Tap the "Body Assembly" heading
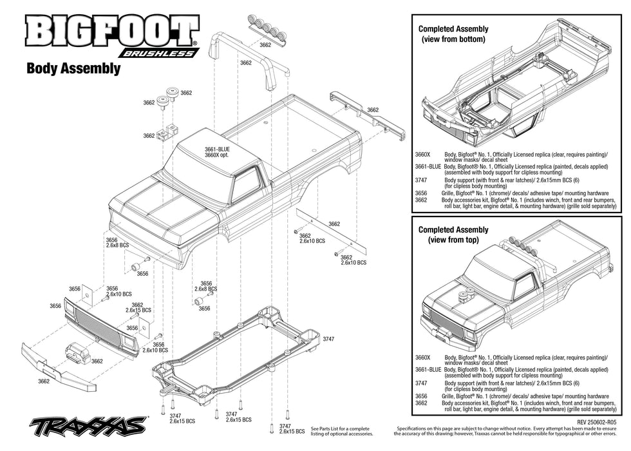click(73, 68)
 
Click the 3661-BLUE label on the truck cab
click(217, 149)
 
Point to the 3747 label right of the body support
click(328, 338)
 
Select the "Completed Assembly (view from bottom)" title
click(453, 34)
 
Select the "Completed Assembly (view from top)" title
click(453, 235)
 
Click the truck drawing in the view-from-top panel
click(515, 296)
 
